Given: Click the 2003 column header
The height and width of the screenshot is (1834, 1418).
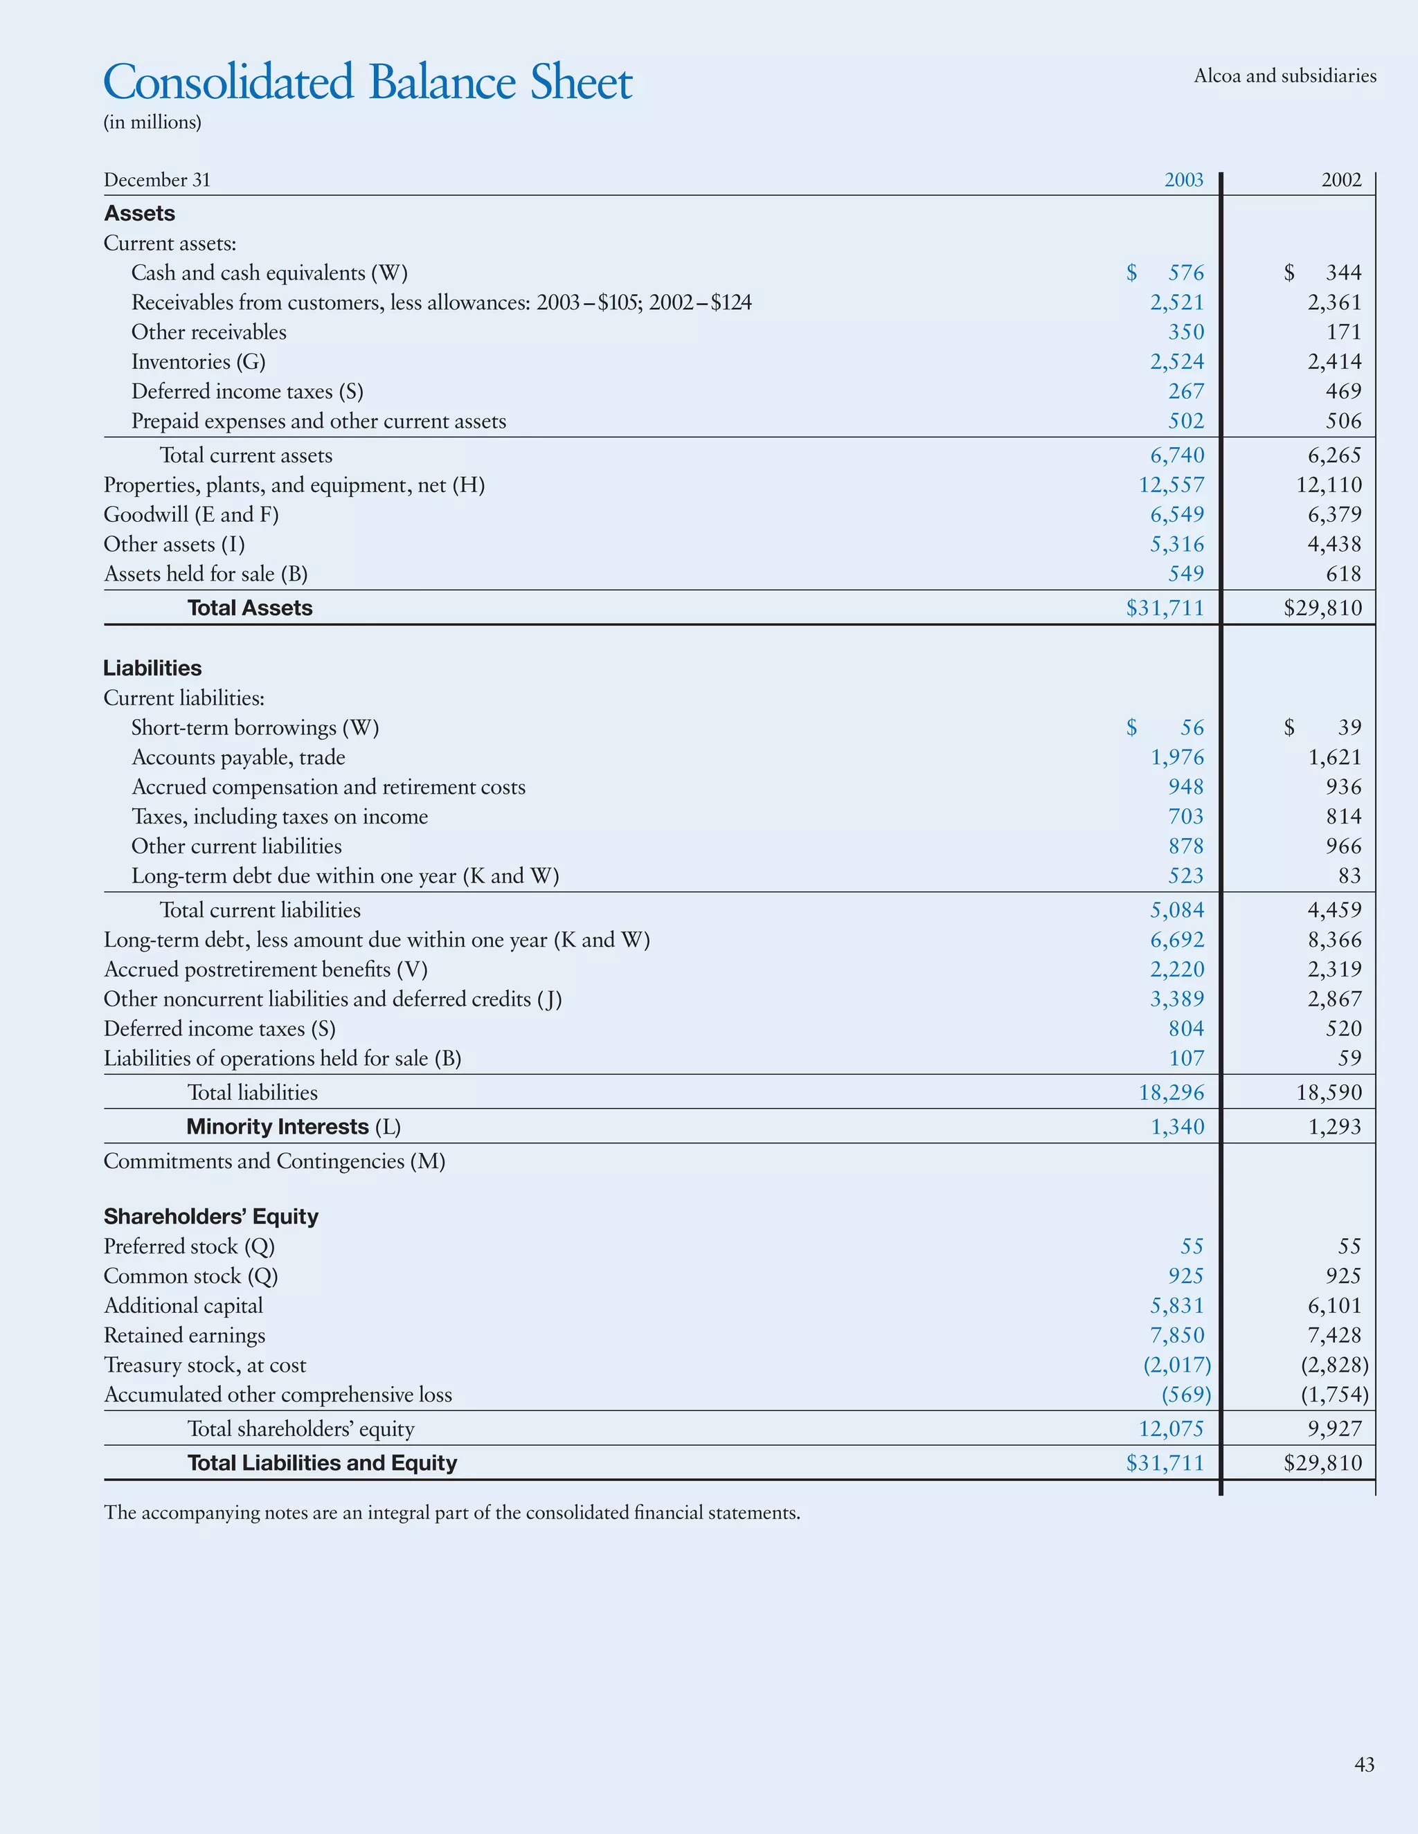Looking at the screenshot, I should click(1183, 180).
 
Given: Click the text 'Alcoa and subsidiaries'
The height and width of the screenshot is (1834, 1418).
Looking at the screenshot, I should click(1284, 76).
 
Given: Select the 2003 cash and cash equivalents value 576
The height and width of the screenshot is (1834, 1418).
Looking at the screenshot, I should click(1185, 273).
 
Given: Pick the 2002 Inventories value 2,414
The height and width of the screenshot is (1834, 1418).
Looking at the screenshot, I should click(1334, 362).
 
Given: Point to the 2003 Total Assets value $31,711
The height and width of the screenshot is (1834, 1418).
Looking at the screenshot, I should click(1165, 608).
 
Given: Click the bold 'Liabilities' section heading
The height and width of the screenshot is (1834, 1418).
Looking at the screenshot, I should click(152, 669).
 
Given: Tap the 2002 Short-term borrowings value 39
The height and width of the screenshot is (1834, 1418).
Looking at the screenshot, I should click(1349, 727).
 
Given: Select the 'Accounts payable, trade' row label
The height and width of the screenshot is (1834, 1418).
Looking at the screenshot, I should click(237, 757).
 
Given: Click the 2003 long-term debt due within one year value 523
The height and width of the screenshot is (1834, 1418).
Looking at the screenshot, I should click(1185, 876).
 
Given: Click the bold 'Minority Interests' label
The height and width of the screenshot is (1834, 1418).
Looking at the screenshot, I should click(277, 1127).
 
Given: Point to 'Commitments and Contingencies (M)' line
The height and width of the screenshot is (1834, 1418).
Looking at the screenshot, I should click(274, 1161).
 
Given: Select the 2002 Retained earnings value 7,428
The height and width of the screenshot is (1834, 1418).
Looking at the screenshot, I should click(1334, 1335).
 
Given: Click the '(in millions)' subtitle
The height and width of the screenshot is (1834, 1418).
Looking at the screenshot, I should click(152, 122).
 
